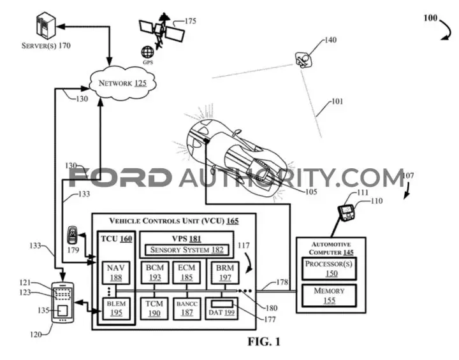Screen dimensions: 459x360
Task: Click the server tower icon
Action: click(x=46, y=25)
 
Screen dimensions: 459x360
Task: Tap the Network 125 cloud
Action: click(x=122, y=83)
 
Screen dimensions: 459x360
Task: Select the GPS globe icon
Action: click(x=147, y=52)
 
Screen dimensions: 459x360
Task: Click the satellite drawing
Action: click(x=161, y=31)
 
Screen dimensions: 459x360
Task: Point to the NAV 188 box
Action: click(x=116, y=273)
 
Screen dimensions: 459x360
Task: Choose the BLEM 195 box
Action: click(x=116, y=308)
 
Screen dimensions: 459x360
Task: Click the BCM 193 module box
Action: click(x=155, y=273)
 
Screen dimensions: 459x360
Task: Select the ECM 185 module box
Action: click(x=186, y=273)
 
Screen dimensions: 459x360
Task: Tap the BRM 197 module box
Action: click(x=225, y=273)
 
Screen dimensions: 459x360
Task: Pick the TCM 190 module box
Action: click(x=154, y=308)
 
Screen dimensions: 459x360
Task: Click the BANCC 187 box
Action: click(x=187, y=308)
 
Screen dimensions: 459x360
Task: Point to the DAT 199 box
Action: click(x=222, y=308)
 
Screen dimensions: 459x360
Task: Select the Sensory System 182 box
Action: click(x=187, y=250)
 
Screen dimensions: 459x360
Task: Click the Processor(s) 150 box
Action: click(x=329, y=269)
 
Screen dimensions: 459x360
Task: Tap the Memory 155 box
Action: click(x=329, y=296)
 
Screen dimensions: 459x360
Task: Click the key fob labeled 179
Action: click(x=71, y=234)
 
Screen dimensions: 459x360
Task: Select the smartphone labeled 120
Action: click(x=62, y=303)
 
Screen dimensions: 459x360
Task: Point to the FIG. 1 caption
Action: click(x=264, y=342)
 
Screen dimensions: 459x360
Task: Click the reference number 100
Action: click(x=430, y=18)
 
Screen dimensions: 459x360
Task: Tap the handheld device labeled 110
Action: click(x=346, y=212)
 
